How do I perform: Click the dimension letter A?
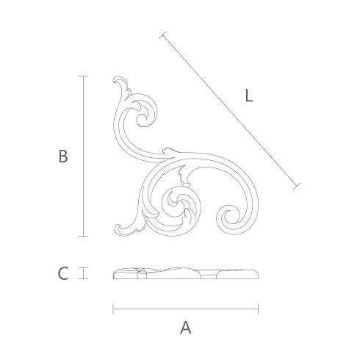pyautogui.click(x=186, y=328)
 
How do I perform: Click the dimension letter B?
pyautogui.click(x=63, y=156)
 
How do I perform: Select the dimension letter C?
pyautogui.click(x=63, y=273)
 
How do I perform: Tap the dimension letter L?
pyautogui.click(x=249, y=96)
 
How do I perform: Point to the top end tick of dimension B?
pyautogui.click(x=83, y=76)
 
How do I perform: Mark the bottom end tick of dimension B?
pyautogui.click(x=83, y=236)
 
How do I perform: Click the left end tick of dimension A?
pyautogui.click(x=113, y=309)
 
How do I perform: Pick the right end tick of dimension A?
pyautogui.click(x=258, y=309)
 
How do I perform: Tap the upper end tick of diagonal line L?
pyautogui.click(x=162, y=35)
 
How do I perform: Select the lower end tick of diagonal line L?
pyautogui.click(x=297, y=186)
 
